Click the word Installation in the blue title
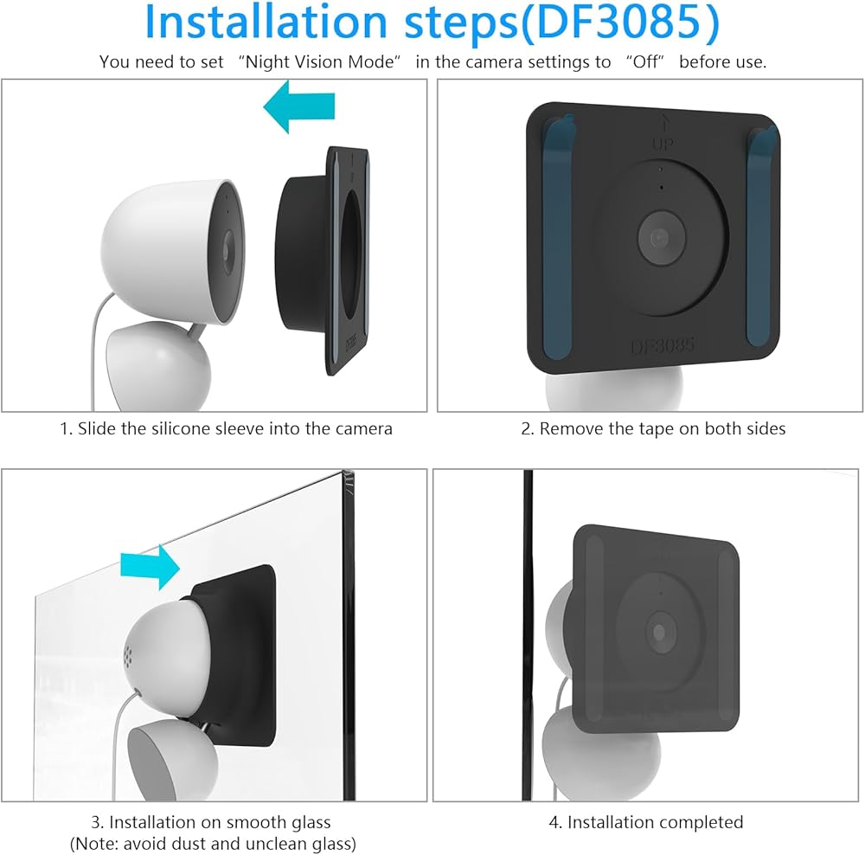click(266, 22)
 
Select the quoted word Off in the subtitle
click(645, 61)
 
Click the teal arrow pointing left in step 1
click(299, 106)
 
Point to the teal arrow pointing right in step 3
click(150, 567)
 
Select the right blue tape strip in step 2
click(762, 235)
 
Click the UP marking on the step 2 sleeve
click(663, 145)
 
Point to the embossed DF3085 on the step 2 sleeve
click(662, 345)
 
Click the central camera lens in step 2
click(662, 238)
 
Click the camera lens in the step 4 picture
click(659, 632)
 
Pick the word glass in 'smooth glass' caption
click(311, 822)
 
